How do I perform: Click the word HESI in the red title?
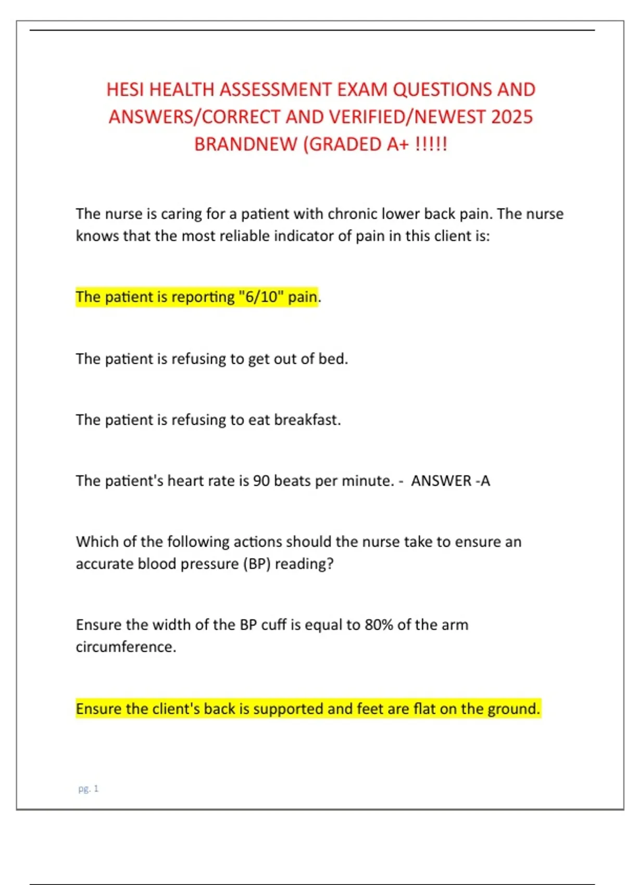126,90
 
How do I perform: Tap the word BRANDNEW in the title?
245,144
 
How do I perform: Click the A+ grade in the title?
398,144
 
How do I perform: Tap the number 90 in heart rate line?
261,481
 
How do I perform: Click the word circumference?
126,647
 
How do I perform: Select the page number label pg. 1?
88,789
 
